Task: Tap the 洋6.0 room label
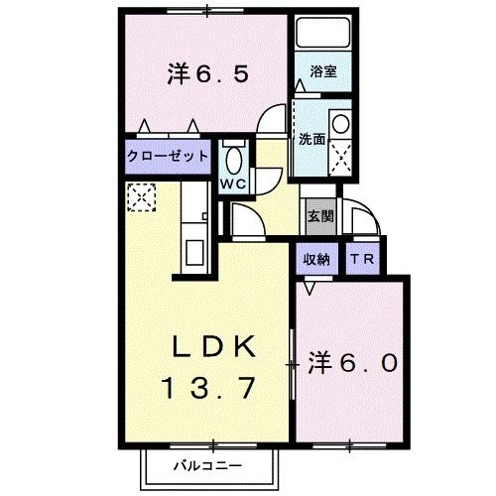coord(352,363)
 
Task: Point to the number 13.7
coord(215,386)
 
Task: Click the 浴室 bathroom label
coord(322,73)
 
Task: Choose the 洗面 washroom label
coord(311,140)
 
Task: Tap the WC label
coord(234,185)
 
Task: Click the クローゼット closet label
coord(168,156)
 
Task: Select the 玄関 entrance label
coord(316,215)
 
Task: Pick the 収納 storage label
coord(316,260)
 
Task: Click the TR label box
coord(360,260)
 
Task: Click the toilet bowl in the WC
coord(234,159)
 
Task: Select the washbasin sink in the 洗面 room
coord(340,125)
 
